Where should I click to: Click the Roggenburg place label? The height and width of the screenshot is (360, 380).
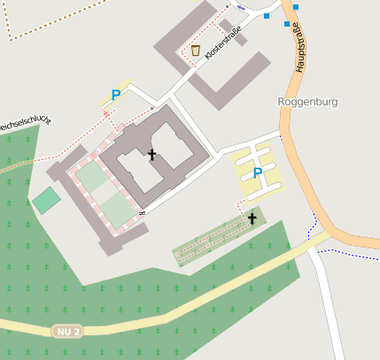coord(308,101)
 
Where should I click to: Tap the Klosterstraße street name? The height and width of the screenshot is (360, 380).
coord(222,45)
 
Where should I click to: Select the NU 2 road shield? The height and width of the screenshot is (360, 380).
coord(66,331)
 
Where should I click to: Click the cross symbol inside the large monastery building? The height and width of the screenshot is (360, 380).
coord(151,155)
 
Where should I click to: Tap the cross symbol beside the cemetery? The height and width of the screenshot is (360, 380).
coord(252,217)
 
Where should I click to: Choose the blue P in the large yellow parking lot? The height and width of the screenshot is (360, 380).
coord(258,173)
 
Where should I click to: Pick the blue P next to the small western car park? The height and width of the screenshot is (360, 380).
coord(115,95)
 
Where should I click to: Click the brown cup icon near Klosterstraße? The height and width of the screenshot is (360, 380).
coord(195,50)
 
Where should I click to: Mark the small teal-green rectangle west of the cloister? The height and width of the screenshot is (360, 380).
coord(46,200)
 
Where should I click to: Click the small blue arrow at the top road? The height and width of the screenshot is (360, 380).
coord(241,6)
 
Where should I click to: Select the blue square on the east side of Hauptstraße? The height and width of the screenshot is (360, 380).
coord(296,7)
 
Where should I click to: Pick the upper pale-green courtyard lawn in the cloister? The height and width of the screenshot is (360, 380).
coord(92,176)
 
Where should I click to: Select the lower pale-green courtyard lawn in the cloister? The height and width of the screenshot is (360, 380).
coord(115,211)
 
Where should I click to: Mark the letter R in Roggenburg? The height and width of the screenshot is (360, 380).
coord(282,101)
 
